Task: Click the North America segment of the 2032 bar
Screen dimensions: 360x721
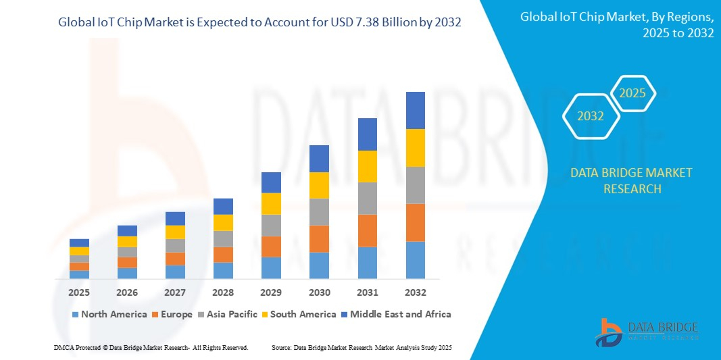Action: [415, 260]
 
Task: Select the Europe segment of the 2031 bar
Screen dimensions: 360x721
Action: [367, 230]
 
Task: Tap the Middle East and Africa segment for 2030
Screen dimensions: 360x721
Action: [319, 159]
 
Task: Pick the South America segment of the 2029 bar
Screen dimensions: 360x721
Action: [271, 203]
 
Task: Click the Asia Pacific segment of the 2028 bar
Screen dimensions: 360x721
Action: [223, 238]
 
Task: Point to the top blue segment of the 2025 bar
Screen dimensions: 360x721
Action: [79, 242]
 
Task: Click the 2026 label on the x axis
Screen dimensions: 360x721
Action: [127, 292]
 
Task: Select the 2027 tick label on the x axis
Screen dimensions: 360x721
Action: [175, 292]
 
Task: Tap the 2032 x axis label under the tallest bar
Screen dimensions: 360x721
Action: [415, 292]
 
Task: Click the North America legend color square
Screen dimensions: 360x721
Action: [75, 314]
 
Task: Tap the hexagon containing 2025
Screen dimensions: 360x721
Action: [632, 94]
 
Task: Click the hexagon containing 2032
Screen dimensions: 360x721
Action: [590, 116]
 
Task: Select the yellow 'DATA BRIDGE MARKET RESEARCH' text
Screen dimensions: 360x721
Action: [631, 180]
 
